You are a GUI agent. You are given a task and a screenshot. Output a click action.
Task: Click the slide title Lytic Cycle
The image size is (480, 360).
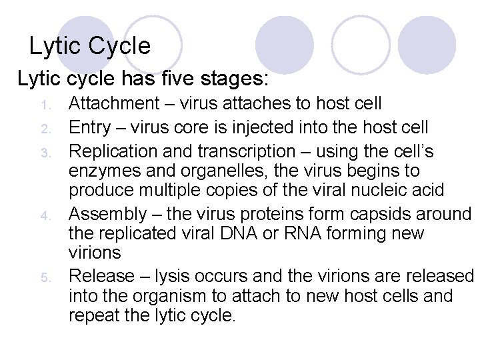pos(90,46)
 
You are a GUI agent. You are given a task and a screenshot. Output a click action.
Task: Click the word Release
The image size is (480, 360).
pos(99,276)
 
